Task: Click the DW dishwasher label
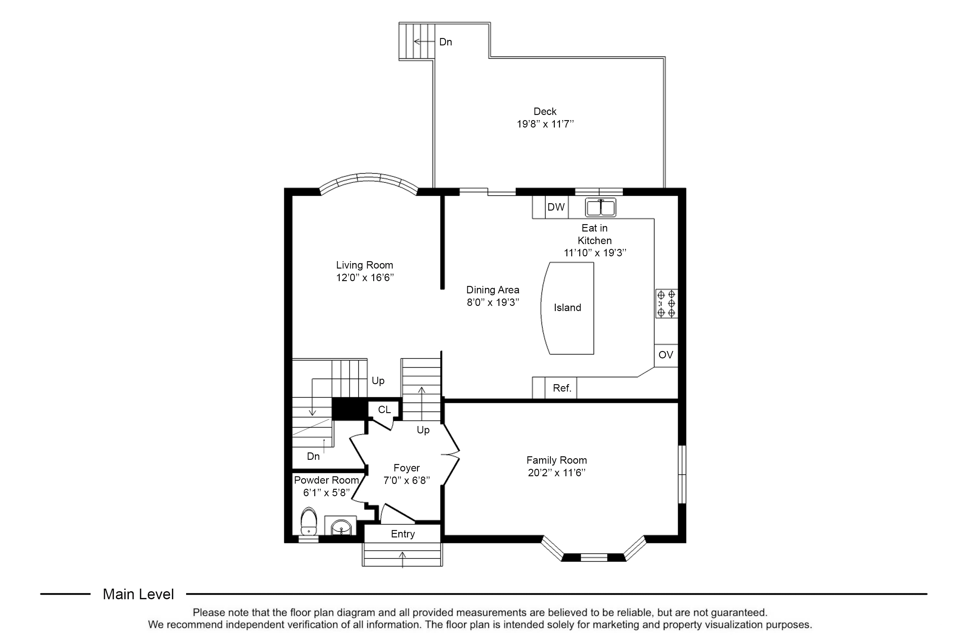pos(556,207)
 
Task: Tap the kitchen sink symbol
pos(601,207)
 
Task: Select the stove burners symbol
pos(666,304)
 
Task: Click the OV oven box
pos(666,355)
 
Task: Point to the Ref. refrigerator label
pos(562,388)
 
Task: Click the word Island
pos(567,308)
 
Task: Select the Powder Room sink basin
pos(341,526)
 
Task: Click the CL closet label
pos(384,410)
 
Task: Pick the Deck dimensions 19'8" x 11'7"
pos(545,124)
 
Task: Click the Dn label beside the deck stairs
pos(446,42)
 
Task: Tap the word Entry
pos(403,534)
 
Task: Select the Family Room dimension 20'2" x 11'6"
pos(556,473)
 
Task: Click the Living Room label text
pos(364,265)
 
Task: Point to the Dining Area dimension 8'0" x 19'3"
pos(493,303)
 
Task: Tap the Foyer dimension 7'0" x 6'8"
pos(407,480)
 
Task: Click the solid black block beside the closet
pos(349,409)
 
